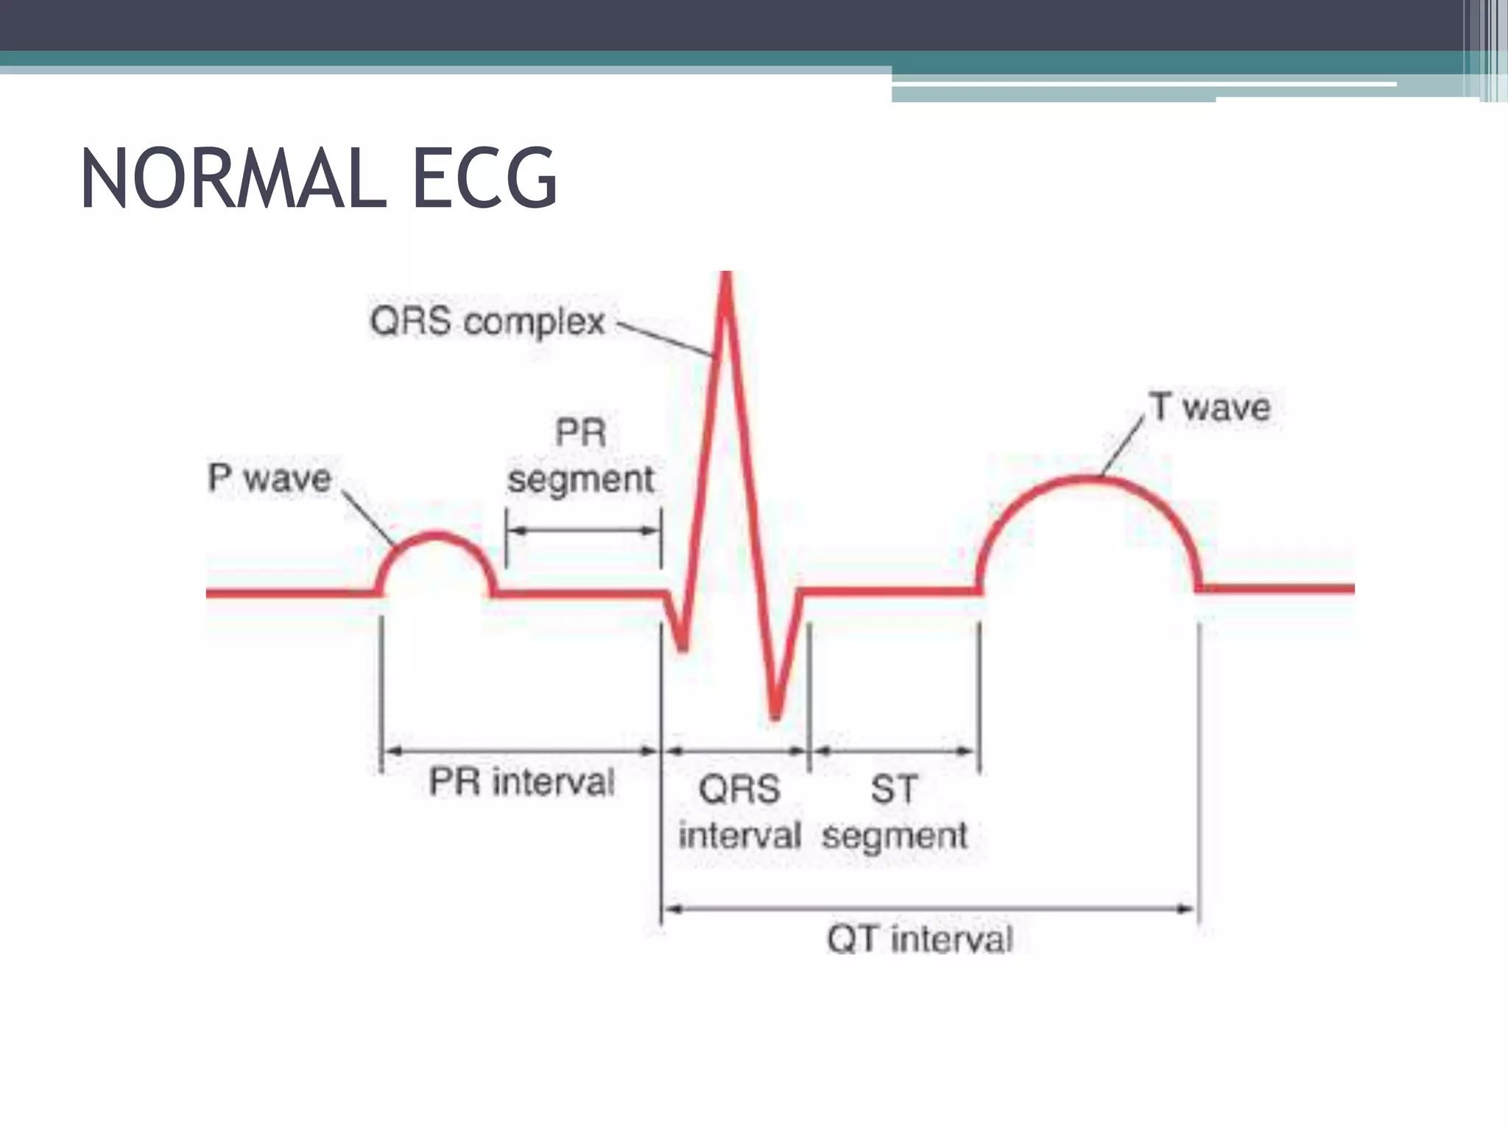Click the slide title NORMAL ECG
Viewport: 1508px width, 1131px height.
(x=318, y=179)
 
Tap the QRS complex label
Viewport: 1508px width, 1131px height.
(x=487, y=322)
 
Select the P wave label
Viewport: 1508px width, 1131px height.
(x=269, y=478)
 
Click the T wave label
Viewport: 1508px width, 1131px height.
(x=1211, y=407)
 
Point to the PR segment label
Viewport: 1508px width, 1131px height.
(x=581, y=456)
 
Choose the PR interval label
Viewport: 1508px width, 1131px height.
(x=521, y=782)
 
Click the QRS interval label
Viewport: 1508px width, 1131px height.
(x=739, y=812)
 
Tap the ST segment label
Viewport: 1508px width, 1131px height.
(x=895, y=812)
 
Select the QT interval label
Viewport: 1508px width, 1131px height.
(x=920, y=940)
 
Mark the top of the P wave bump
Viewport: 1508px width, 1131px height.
(x=437, y=535)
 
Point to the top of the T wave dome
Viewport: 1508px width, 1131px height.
(x=1087, y=480)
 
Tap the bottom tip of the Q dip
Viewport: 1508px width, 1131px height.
(x=683, y=649)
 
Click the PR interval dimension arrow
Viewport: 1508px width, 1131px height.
(x=521, y=751)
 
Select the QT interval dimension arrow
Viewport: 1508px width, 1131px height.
(x=929, y=909)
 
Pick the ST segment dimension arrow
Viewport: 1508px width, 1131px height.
(x=895, y=751)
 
